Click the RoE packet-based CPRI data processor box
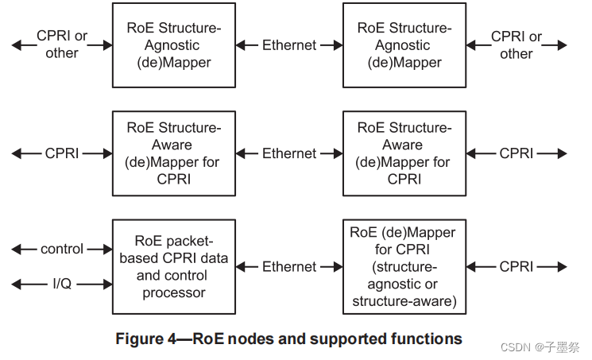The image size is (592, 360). (x=174, y=266)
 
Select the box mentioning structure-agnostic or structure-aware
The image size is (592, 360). (x=404, y=266)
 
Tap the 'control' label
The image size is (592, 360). (x=62, y=250)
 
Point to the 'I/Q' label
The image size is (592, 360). (x=61, y=284)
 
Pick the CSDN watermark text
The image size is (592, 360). (x=517, y=346)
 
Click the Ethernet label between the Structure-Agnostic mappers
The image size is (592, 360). (x=289, y=45)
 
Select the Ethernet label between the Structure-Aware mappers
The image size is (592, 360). (x=289, y=153)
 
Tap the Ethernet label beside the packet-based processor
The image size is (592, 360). (x=289, y=267)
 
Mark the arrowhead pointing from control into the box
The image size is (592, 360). (x=107, y=250)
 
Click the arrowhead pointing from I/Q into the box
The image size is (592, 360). (x=107, y=284)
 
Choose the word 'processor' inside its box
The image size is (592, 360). (x=174, y=292)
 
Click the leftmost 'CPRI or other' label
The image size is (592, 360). (x=62, y=45)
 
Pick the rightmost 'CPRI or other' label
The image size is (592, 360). (x=517, y=45)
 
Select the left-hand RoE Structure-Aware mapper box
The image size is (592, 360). (x=174, y=153)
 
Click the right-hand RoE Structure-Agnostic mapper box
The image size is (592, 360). (x=404, y=45)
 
